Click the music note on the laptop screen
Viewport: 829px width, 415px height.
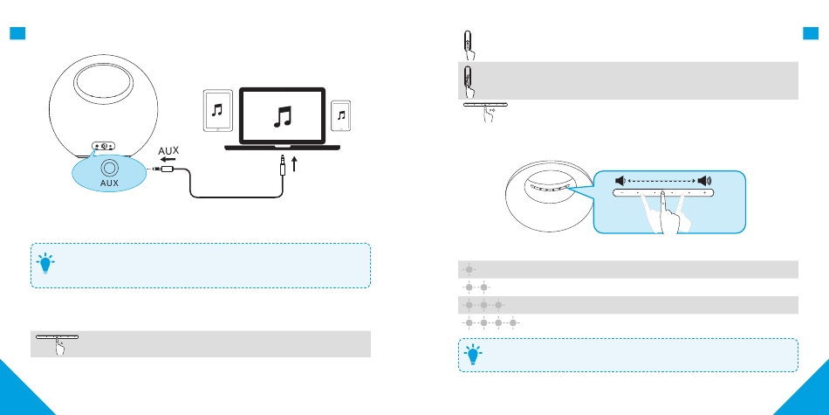pyautogui.click(x=283, y=117)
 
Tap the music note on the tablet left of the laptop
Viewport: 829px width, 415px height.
pyautogui.click(x=217, y=110)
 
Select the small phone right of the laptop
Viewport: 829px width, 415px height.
pyautogui.click(x=342, y=114)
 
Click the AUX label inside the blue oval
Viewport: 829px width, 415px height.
pyautogui.click(x=109, y=184)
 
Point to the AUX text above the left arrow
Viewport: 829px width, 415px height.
pyautogui.click(x=169, y=151)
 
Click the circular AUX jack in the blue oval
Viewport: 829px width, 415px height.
pyautogui.click(x=109, y=168)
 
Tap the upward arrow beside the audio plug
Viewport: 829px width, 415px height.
pyautogui.click(x=297, y=163)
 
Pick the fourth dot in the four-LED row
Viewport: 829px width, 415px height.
pyautogui.click(x=513, y=322)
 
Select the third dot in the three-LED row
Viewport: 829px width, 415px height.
pyautogui.click(x=498, y=305)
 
